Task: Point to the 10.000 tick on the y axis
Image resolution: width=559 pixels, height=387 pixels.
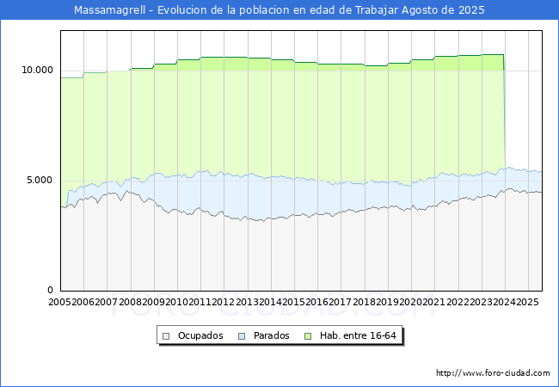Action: (x=38, y=70)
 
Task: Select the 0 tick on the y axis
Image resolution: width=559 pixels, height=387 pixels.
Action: (x=50, y=290)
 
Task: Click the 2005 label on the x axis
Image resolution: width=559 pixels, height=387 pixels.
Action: (x=60, y=303)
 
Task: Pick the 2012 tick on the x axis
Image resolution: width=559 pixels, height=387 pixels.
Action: (x=223, y=303)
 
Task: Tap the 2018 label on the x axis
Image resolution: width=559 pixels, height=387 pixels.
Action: (x=363, y=303)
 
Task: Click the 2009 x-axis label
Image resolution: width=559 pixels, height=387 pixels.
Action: (x=153, y=303)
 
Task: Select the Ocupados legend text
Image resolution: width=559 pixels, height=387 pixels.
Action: (x=200, y=335)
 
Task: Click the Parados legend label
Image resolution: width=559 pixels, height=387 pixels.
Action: (x=272, y=335)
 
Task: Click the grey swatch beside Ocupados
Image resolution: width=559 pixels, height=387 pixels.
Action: (x=168, y=335)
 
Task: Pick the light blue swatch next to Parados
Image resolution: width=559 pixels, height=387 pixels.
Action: (x=243, y=335)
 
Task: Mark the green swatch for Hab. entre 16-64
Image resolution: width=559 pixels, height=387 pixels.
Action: (x=310, y=335)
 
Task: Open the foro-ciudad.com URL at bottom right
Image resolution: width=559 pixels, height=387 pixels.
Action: (x=493, y=373)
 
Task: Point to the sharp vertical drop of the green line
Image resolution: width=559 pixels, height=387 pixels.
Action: (x=504, y=112)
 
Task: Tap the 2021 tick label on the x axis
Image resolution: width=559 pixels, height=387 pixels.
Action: (x=433, y=303)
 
